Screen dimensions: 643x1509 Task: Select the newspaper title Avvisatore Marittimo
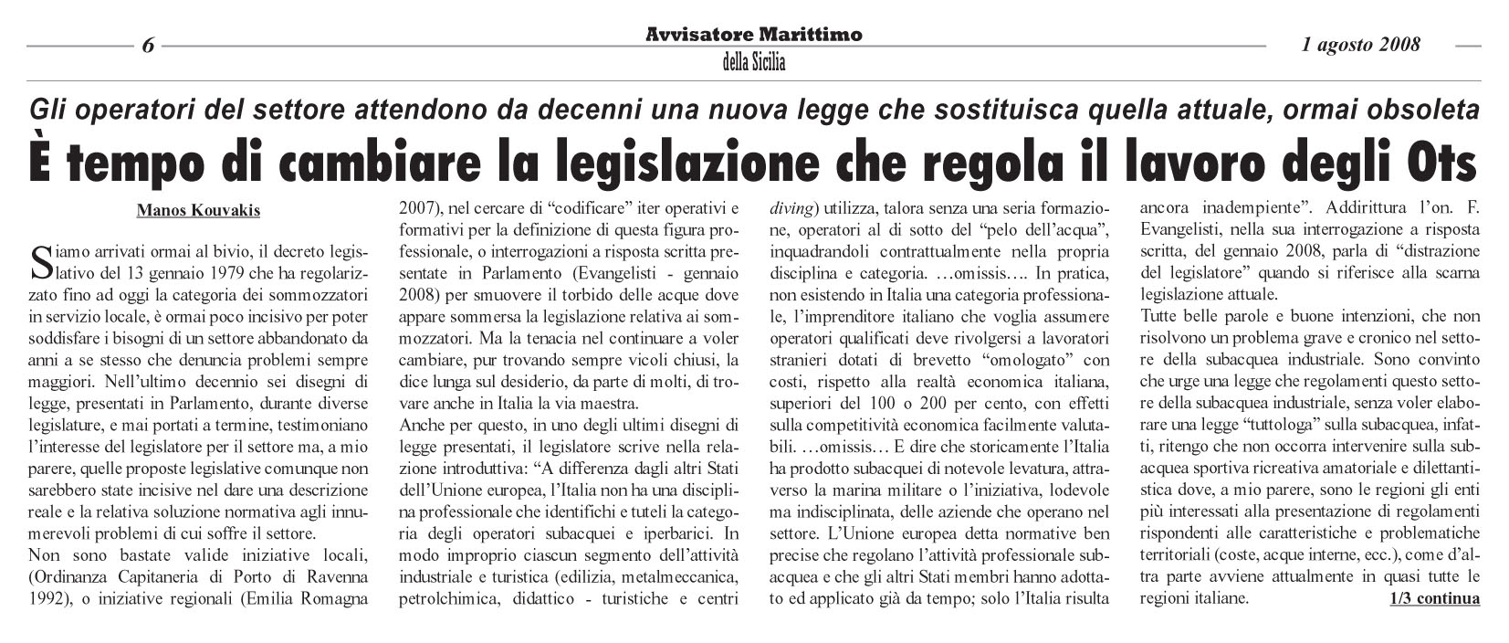pyautogui.click(x=753, y=35)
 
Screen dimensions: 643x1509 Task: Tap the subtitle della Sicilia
pyautogui.click(x=753, y=62)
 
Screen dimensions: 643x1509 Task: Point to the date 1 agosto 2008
pyautogui.click(x=1361, y=44)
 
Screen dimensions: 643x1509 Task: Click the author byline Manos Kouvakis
pyautogui.click(x=198, y=211)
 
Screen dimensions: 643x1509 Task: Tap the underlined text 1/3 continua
pyautogui.click(x=1433, y=599)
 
